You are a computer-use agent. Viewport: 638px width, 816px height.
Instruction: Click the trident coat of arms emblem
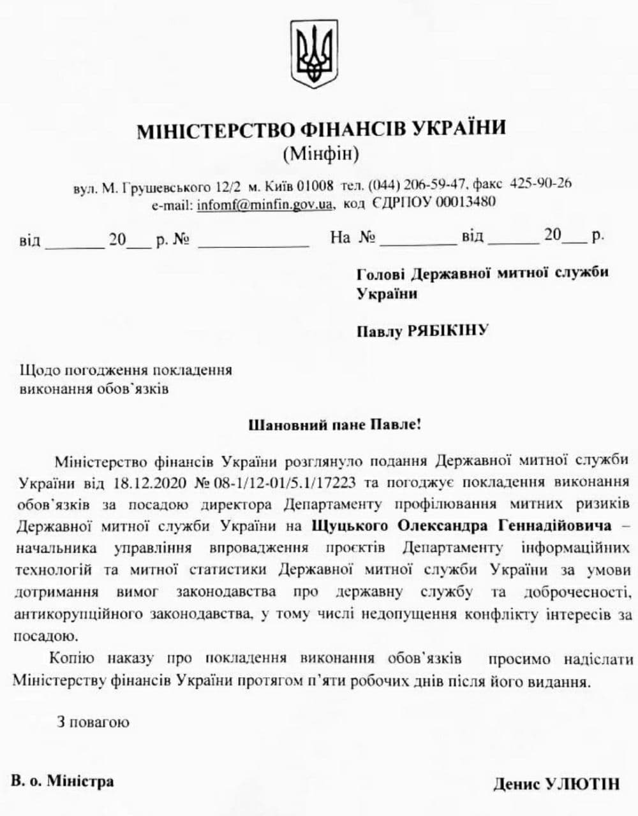[314, 54]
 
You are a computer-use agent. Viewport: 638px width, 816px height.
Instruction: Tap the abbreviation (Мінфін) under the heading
[320, 154]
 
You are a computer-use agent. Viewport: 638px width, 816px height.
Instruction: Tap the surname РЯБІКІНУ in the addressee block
[448, 330]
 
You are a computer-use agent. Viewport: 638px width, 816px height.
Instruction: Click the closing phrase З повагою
[93, 722]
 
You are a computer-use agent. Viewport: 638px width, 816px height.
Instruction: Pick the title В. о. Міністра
[63, 781]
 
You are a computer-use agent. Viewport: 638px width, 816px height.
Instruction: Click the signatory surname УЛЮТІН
[582, 783]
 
